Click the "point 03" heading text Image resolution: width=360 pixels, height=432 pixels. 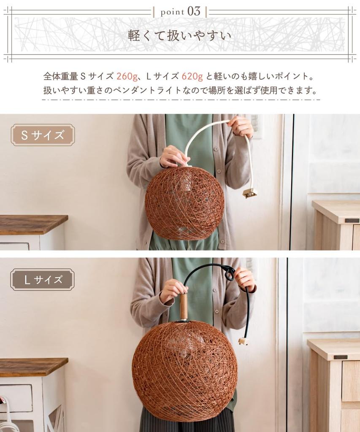180,11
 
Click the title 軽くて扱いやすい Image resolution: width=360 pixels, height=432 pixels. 180,35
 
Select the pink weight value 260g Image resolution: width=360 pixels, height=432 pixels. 127,76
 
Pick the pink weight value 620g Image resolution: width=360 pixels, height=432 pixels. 192,76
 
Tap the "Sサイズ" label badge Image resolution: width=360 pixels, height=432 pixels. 43,135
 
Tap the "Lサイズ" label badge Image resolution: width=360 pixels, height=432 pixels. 42,280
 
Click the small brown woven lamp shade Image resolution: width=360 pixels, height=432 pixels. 184,202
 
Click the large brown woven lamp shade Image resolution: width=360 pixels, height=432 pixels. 184,371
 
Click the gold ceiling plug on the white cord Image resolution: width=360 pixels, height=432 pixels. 250,193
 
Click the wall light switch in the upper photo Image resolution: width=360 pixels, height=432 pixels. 255,124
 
